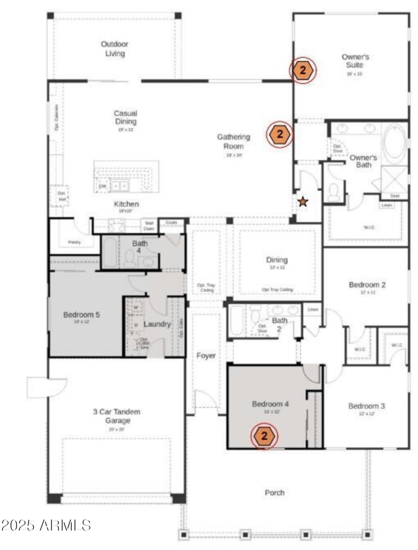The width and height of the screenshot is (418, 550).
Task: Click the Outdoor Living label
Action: point(114,49)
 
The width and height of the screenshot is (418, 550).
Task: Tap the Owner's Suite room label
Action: point(355,61)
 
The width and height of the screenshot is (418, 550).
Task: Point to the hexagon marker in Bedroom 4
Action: point(264,436)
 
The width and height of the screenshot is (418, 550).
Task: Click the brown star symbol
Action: point(303,201)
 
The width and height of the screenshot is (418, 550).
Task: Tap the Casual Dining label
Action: point(125,117)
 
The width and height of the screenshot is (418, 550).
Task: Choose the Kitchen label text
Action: point(126,204)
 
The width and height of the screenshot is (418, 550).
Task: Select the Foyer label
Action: point(206,355)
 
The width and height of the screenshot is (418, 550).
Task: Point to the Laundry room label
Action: point(157,324)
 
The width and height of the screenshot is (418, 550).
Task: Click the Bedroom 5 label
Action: point(82,315)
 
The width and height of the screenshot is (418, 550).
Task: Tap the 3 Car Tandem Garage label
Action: point(117,416)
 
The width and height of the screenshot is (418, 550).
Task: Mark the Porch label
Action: point(274,493)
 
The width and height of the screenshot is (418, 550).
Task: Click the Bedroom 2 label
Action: point(367,285)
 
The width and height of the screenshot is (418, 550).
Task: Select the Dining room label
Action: point(277,260)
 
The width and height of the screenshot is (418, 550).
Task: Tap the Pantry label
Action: point(74,242)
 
